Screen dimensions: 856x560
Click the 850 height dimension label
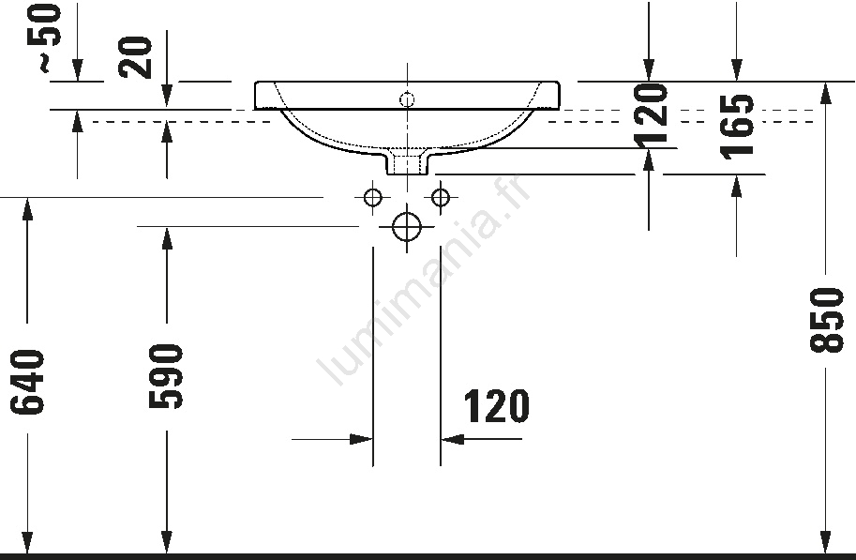click(x=826, y=320)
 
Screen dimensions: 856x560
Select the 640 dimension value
click(x=27, y=382)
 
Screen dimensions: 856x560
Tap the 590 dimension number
click(x=166, y=376)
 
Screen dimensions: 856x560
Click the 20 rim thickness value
click(x=135, y=57)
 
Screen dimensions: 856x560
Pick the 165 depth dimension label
click(x=737, y=128)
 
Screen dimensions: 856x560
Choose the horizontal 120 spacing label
click(x=496, y=406)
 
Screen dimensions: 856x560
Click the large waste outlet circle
click(x=407, y=226)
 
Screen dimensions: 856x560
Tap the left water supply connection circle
click(x=373, y=197)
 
